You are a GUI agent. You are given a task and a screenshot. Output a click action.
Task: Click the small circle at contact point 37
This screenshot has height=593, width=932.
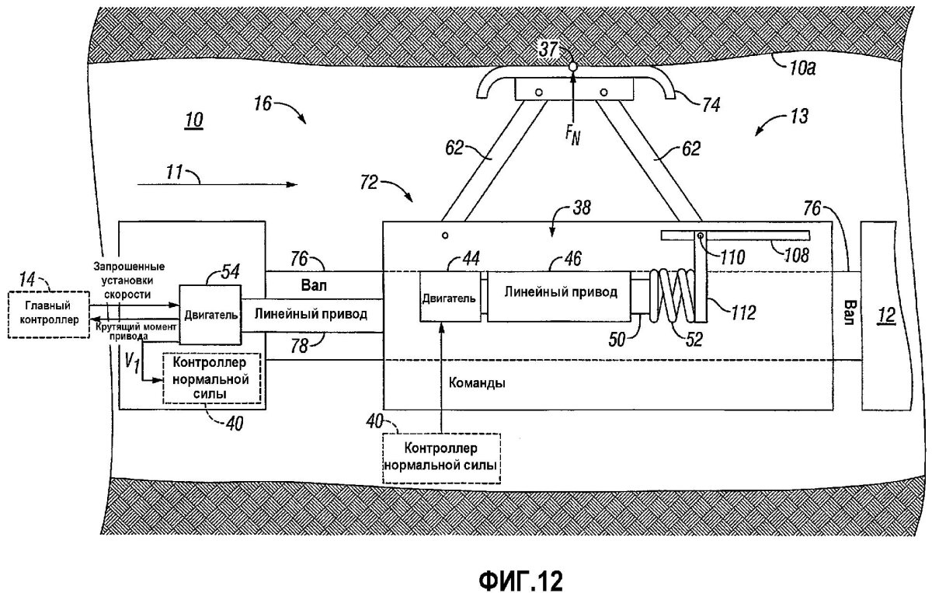(572, 68)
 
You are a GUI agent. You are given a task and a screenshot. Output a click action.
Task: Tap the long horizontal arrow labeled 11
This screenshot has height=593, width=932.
(217, 185)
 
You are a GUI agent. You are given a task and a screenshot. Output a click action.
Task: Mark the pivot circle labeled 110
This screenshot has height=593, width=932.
(700, 236)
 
